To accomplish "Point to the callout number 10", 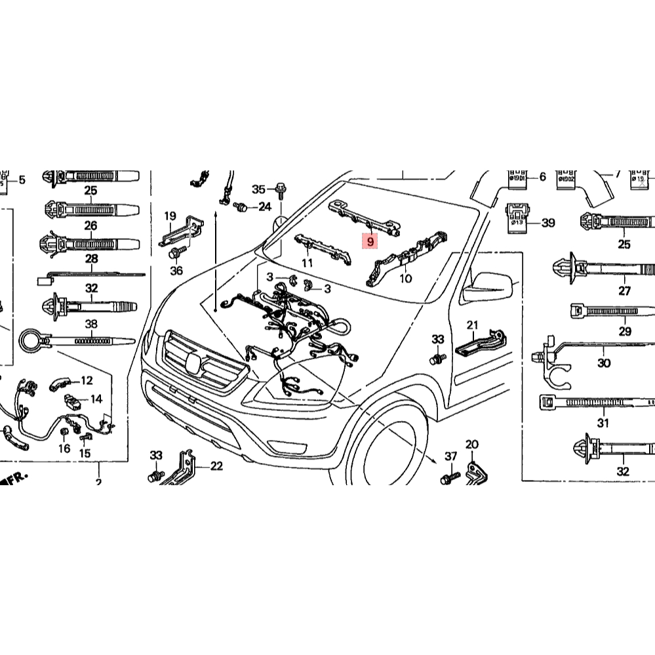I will (x=406, y=279).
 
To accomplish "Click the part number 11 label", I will (x=307, y=263).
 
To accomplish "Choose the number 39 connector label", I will (x=548, y=223).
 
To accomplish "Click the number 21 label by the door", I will (x=473, y=325).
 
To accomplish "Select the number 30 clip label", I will (x=604, y=363).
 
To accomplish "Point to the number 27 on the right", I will (x=624, y=291).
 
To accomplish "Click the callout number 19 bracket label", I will (x=170, y=216).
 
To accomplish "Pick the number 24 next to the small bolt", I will (x=264, y=207).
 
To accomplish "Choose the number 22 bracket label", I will (x=216, y=466).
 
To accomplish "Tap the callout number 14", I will (x=96, y=399).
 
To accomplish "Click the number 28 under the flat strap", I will (x=91, y=259).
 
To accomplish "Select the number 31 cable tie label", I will (x=603, y=423).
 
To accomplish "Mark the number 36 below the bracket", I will (x=176, y=270).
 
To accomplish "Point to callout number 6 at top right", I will (x=542, y=177).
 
